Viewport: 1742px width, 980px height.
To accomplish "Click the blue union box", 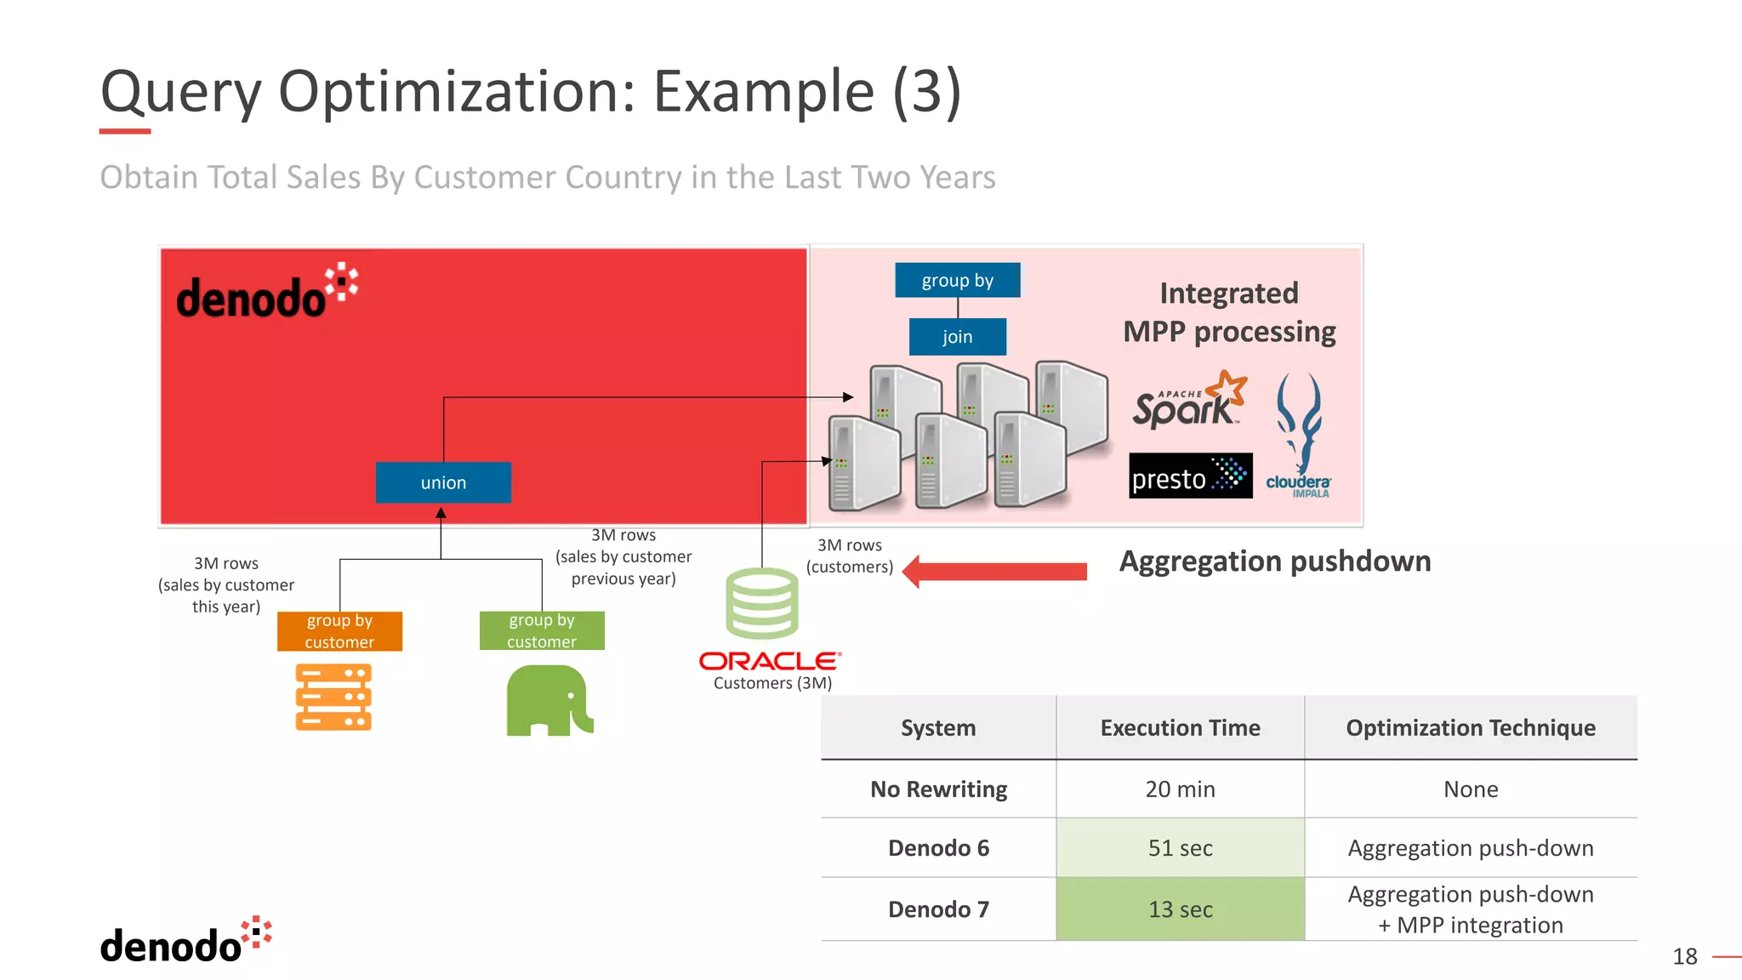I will pyautogui.click(x=443, y=482).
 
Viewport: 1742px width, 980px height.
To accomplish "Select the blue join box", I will pyautogui.click(x=957, y=337).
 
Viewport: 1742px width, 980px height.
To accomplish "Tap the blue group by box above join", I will pyautogui.click(x=957, y=281).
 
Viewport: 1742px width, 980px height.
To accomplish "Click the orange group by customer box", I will pyautogui.click(x=339, y=631).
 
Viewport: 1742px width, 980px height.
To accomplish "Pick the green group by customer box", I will pyautogui.click(x=542, y=631).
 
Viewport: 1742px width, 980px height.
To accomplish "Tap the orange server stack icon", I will pyautogui.click(x=333, y=698).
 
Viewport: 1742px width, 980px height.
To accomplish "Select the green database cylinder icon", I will pyautogui.click(x=761, y=604).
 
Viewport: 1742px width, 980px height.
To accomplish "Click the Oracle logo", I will pyautogui.click(x=770, y=661).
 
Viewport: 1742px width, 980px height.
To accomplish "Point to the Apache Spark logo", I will pyautogui.click(x=1188, y=401).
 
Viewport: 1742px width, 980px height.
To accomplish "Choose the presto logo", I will pyautogui.click(x=1190, y=476).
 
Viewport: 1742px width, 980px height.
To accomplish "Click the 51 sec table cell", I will pyautogui.click(x=1180, y=848).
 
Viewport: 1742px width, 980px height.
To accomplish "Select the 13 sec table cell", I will pyautogui.click(x=1180, y=909).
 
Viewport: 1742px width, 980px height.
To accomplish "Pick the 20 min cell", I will pyautogui.click(x=1180, y=789).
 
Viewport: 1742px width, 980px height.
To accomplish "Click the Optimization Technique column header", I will pyautogui.click(x=1470, y=728).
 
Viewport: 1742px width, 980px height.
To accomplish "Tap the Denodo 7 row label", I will pyautogui.click(x=938, y=909).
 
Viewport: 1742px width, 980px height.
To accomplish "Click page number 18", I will pyautogui.click(x=1684, y=957).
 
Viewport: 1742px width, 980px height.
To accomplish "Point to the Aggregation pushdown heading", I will pyautogui.click(x=1274, y=561).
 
